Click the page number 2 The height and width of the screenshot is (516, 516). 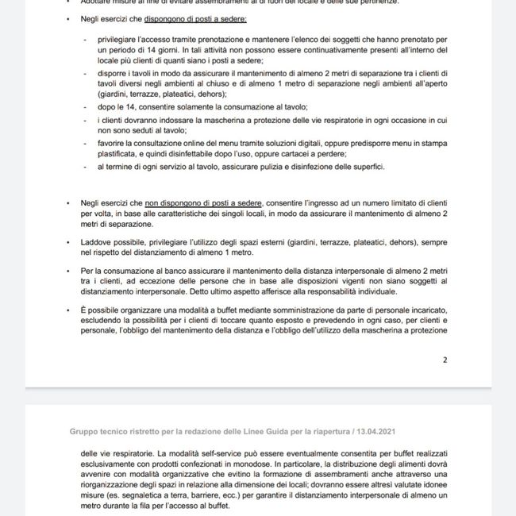click(x=445, y=360)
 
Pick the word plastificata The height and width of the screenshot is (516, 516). click(x=119, y=154)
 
